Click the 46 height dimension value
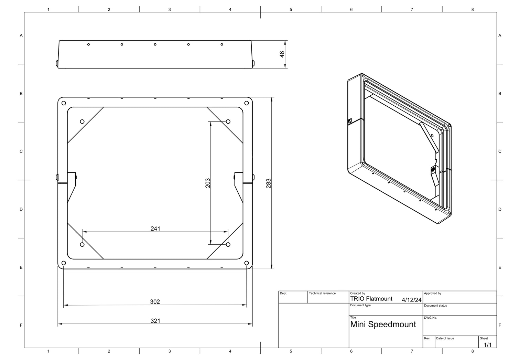coord(282,54)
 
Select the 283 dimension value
coord(269,183)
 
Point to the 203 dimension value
coord(207,183)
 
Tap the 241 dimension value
coord(155,229)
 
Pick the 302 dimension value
coord(155,301)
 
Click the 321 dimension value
coord(155,321)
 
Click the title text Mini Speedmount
coord(383,325)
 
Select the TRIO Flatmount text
coord(371,299)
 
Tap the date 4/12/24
coord(411,300)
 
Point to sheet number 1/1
coord(488,345)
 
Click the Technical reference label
coord(322,294)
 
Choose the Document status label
coord(435,306)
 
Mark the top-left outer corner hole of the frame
coord(64,103)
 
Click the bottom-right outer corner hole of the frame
coord(247,263)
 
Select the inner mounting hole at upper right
coord(228,121)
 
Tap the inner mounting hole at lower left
coord(82,244)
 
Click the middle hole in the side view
coord(155,44)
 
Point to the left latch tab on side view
coord(57,63)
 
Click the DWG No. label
coord(430,318)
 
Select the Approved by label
coord(433,294)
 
